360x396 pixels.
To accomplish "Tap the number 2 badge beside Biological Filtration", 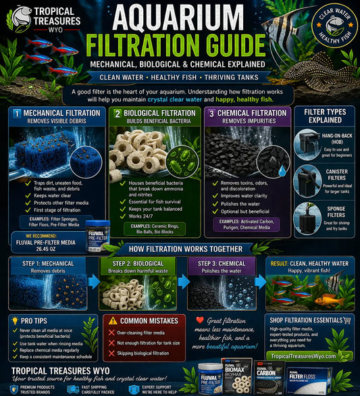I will (117, 113).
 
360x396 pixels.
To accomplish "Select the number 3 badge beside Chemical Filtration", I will (212, 113).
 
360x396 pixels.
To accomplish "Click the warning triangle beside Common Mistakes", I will (112, 321).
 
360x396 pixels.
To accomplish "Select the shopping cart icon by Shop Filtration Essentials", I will (347, 320).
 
